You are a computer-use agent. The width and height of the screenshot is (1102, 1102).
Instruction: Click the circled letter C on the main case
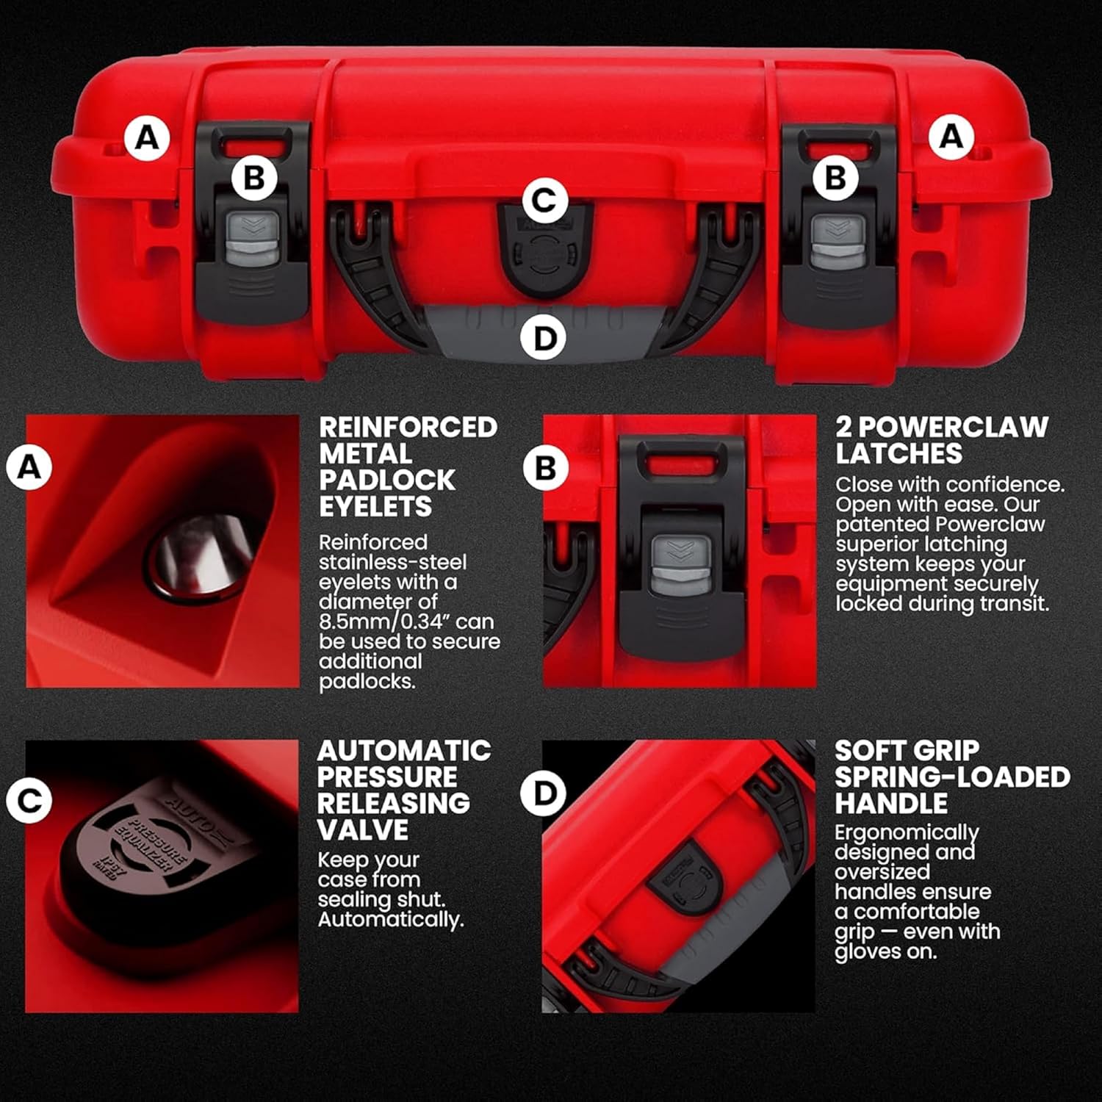544,200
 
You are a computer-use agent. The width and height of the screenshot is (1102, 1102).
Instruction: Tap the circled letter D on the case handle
544,339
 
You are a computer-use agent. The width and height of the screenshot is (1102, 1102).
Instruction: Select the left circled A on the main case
147,137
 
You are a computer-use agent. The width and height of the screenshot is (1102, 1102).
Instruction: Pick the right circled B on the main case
835,178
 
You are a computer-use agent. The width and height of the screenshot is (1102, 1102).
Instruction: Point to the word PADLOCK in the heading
387,480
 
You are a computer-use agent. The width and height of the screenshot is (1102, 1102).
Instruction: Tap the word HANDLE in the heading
890,804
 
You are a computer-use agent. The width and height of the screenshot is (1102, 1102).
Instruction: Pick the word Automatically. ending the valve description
390,920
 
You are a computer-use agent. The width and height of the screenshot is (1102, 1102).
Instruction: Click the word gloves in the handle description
868,952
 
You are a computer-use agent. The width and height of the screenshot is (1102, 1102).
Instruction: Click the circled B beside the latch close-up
545,468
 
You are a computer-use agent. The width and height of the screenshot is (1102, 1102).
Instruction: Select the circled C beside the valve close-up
29,800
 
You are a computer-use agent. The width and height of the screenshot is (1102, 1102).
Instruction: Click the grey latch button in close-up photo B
681,564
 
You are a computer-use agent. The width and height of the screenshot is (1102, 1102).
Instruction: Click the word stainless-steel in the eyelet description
392,562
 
